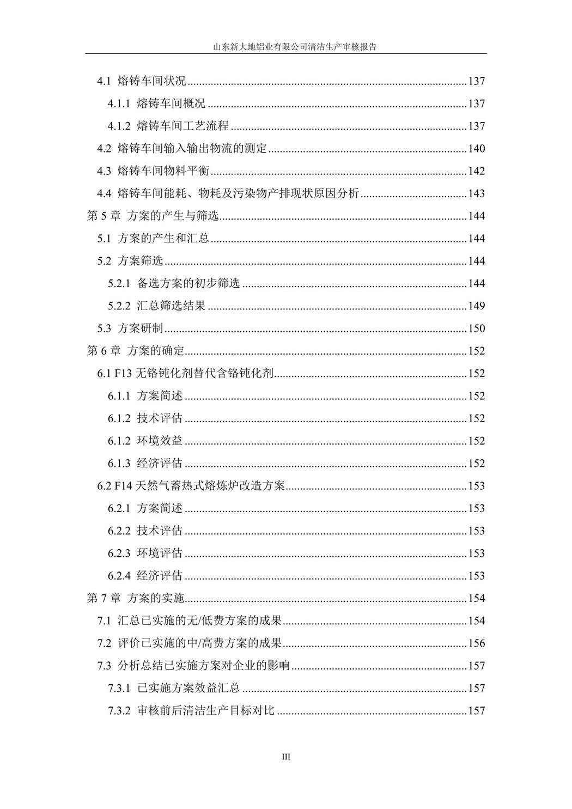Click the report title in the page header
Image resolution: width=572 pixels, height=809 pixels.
285,47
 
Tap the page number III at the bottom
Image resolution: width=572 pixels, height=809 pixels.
286,757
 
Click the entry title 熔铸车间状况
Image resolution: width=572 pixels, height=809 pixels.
152,82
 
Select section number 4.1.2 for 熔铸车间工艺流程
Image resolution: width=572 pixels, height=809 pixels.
119,126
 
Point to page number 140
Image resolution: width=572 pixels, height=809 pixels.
476,149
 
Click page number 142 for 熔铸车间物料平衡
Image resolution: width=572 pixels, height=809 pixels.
476,171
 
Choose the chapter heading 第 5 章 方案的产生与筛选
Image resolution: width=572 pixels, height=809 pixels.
153,216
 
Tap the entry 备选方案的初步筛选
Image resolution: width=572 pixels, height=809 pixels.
188,284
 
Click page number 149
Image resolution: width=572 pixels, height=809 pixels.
476,306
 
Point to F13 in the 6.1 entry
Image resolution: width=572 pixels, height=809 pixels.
123,374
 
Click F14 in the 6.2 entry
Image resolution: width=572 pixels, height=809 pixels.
123,486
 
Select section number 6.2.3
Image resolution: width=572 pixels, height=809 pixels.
119,553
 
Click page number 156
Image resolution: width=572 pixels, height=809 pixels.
476,643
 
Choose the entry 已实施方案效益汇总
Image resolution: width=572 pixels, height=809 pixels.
188,689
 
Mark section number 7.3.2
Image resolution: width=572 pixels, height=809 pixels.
119,711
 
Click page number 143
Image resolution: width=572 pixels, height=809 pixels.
476,194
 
